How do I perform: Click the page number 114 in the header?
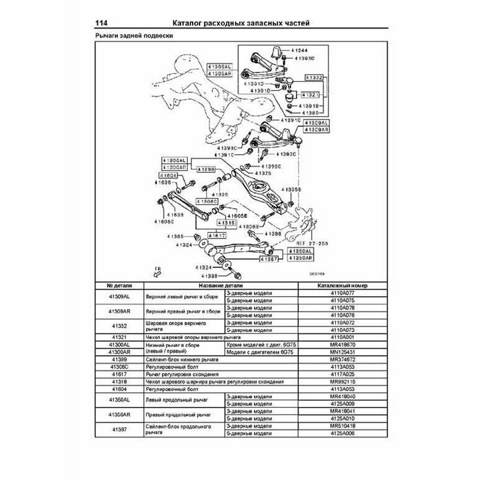(x=102, y=24)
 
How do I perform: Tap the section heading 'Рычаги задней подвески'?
(x=133, y=37)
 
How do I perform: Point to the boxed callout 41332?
(x=313, y=77)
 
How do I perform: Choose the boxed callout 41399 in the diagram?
(x=207, y=169)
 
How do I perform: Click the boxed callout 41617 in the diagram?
(x=217, y=236)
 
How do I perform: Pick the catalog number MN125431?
(x=343, y=351)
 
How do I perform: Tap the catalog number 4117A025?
(x=343, y=375)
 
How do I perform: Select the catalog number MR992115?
(x=343, y=382)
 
